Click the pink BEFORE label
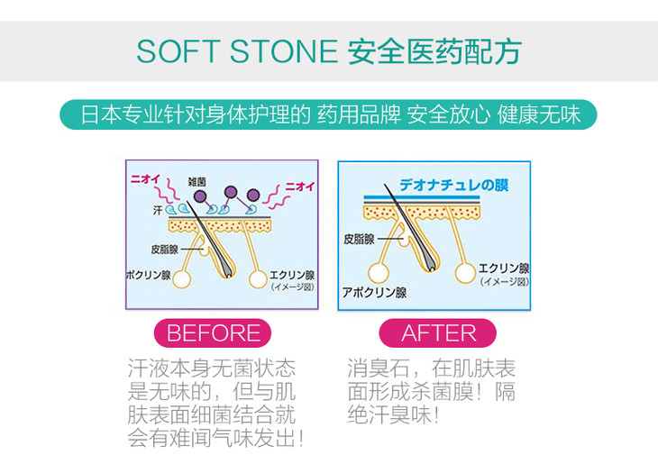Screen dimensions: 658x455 (x=214, y=332)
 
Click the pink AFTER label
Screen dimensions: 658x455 (x=437, y=332)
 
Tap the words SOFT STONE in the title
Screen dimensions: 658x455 (x=236, y=50)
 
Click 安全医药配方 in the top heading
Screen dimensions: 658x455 (x=434, y=50)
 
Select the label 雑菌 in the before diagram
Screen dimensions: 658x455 (x=198, y=181)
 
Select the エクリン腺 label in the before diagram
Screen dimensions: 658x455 (x=291, y=275)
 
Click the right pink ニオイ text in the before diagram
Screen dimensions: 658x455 (x=298, y=187)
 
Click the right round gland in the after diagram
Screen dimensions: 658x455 (x=465, y=273)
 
